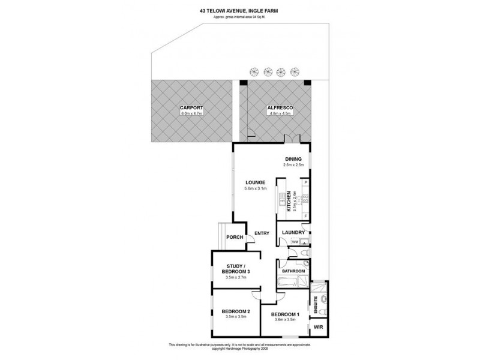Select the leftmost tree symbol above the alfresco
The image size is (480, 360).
point(252,73)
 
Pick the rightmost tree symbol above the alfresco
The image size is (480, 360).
point(294,73)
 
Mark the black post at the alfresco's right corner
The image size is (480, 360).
point(307,82)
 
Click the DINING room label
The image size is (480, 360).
point(293,159)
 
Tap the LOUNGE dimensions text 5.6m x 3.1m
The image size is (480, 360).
point(255,189)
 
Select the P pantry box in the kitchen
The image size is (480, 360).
point(305,182)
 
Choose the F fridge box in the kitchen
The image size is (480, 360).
point(305,216)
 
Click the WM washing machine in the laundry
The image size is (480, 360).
point(295,242)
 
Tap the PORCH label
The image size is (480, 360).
point(235,237)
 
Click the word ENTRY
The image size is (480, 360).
point(262,233)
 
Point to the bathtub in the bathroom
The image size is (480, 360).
point(293,282)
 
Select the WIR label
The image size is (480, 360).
point(317,327)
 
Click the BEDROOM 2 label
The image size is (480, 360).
point(235,311)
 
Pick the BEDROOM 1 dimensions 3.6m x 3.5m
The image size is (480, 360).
point(285,321)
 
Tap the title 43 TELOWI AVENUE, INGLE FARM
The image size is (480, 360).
point(240,10)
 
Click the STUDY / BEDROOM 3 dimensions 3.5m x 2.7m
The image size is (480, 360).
point(235,278)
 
